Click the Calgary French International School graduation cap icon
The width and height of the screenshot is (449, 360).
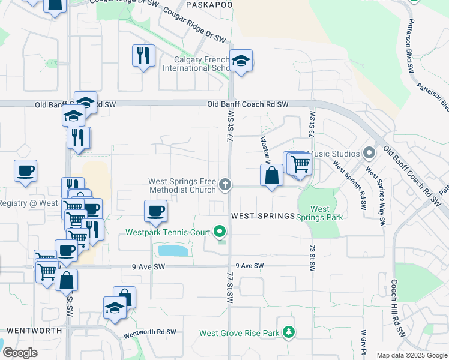click(241, 61)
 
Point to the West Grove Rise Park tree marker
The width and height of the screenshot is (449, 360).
click(289, 332)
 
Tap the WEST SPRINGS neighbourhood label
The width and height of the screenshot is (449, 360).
click(264, 216)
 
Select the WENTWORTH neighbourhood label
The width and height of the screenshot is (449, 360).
click(34, 331)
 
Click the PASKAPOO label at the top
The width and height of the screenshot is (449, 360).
click(209, 4)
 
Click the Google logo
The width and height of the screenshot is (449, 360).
click(20, 353)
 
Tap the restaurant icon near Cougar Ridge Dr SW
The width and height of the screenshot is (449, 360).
click(143, 56)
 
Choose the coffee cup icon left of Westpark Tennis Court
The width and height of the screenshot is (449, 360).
click(155, 211)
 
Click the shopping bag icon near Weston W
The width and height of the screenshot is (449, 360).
click(272, 175)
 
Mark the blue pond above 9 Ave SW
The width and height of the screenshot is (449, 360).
click(172, 250)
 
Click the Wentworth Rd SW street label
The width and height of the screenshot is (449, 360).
click(150, 332)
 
